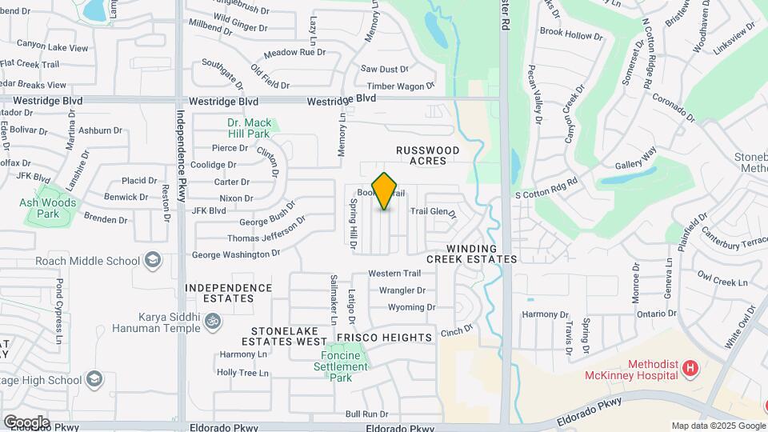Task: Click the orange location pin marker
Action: [385, 191]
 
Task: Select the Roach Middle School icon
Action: [152, 260]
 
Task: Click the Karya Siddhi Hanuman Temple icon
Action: [212, 322]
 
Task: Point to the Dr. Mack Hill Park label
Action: [249, 128]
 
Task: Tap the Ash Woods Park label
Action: [49, 208]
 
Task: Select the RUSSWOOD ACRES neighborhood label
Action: [429, 155]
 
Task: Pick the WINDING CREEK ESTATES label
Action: [472, 254]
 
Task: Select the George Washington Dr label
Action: [236, 254]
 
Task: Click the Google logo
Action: [26, 422]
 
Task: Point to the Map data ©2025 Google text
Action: [717, 426]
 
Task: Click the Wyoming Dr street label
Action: [411, 307]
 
